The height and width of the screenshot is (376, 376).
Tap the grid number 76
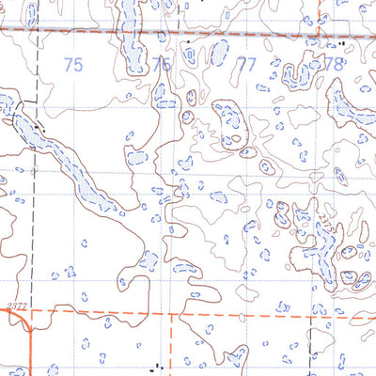point(161,65)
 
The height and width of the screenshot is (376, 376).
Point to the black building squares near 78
point(334,43)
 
